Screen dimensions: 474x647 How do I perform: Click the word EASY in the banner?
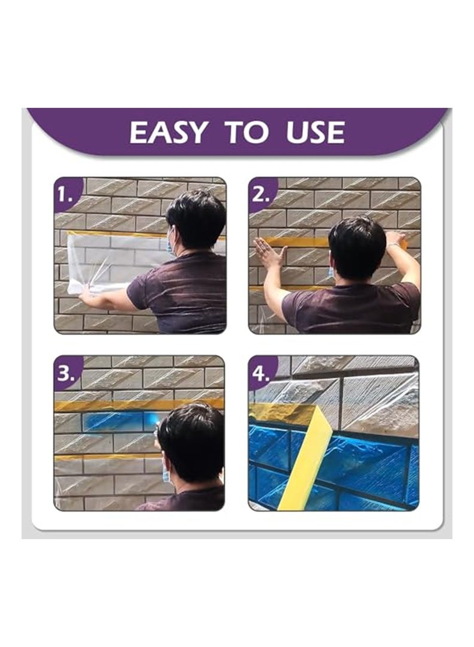point(168,132)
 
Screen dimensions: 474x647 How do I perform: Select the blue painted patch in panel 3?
point(120,421)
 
